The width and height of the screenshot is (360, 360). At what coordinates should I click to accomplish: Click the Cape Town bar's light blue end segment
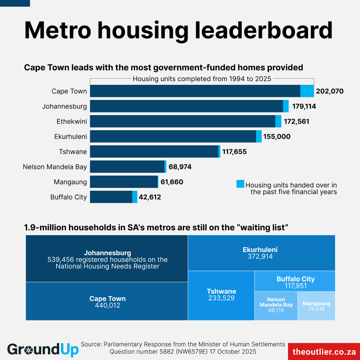307,91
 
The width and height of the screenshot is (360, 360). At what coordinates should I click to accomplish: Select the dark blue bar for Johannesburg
187,106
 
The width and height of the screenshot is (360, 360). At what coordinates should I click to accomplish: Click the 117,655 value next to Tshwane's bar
234,152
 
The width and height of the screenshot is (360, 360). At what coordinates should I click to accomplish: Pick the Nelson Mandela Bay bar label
55,167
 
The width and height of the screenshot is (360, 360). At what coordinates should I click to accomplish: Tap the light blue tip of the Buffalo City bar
135,197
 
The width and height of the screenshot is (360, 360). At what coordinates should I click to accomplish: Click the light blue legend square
240,184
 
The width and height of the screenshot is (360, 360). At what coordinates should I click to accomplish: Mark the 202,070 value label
330,92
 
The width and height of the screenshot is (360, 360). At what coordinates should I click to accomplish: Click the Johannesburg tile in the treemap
107,259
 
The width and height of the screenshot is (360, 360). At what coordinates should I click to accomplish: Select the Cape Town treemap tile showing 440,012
107,301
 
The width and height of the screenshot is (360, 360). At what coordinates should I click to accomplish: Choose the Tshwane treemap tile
221,295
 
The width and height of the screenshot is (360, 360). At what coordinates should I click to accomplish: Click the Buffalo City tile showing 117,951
295,282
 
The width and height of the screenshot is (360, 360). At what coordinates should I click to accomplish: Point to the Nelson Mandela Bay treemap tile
276,305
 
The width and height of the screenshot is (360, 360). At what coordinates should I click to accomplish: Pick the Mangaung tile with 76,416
316,305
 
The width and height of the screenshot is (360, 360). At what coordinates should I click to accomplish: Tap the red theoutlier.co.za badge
324,351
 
